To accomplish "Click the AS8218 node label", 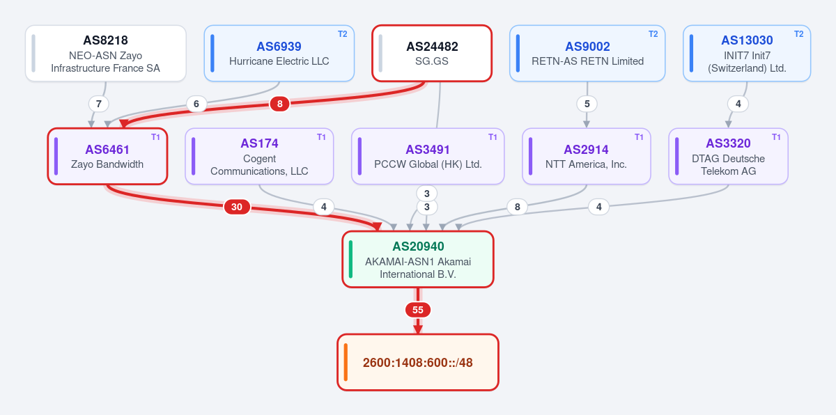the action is click(105, 40).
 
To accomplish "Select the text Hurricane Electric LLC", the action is click(279, 61).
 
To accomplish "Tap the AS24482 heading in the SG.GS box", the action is click(432, 47).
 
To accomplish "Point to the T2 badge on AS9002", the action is click(653, 34).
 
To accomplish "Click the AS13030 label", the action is click(747, 40).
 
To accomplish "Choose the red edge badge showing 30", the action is click(237, 207).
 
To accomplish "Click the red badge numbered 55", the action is click(417, 310).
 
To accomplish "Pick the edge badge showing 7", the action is click(98, 104).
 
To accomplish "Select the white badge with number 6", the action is click(196, 104).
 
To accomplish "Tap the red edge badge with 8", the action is click(279, 104).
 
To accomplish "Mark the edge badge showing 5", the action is click(587, 104).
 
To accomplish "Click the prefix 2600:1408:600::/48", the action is click(417, 362).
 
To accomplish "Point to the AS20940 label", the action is click(418, 246).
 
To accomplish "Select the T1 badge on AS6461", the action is click(155, 137).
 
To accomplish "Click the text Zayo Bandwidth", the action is click(107, 164).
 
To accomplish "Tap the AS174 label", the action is click(259, 143).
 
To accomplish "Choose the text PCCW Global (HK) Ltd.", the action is click(428, 164).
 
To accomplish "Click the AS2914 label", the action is click(586, 150).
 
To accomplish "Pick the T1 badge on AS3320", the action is click(776, 137).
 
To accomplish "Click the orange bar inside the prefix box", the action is click(346, 362).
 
